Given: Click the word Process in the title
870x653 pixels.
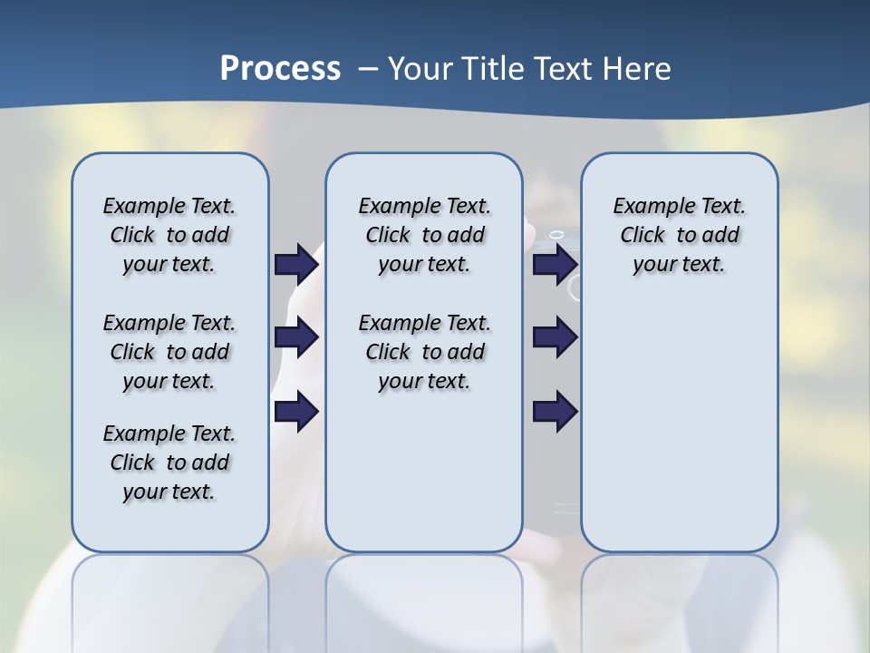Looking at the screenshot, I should [280, 68].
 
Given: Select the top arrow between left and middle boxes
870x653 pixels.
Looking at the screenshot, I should [296, 264].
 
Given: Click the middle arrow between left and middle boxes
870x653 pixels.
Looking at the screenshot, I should [296, 337].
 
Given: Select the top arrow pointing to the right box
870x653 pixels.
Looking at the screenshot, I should [555, 264].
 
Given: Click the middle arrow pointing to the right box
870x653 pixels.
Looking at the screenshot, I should [555, 337].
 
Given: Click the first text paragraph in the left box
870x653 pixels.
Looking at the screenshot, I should [169, 235].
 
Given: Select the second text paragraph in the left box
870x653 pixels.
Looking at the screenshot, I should [169, 352].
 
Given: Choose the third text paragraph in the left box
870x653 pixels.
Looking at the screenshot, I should [169, 463].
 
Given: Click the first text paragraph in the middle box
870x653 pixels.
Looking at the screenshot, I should [424, 235].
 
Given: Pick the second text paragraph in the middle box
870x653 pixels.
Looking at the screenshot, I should [424, 352].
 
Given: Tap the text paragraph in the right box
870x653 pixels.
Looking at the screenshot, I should [679, 235].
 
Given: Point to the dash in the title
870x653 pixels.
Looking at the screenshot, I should [367, 69].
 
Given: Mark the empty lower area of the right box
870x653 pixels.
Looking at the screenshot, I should [679, 426].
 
